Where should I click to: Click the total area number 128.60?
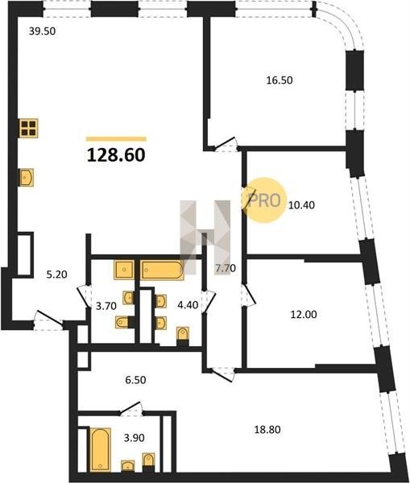click(x=116, y=155)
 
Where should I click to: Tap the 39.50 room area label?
click(x=42, y=31)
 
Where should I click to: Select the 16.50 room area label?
click(x=280, y=80)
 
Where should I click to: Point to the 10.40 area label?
click(x=301, y=204)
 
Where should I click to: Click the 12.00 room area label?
click(x=304, y=314)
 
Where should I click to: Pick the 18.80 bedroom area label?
click(x=267, y=429)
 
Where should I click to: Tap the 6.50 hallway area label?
click(x=135, y=380)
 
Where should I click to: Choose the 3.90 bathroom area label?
click(x=134, y=437)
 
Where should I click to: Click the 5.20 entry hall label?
click(x=56, y=275)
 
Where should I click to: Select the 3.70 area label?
click(x=106, y=306)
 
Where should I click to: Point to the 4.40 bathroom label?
click(x=188, y=305)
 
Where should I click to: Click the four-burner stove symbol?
click(x=29, y=128)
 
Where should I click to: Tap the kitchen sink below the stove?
click(x=27, y=177)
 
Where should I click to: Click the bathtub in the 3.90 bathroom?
click(x=101, y=449)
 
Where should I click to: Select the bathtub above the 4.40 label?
click(x=162, y=270)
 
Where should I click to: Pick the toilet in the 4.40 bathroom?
click(x=183, y=336)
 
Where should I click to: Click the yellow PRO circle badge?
click(x=264, y=200)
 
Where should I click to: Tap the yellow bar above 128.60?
click(x=116, y=139)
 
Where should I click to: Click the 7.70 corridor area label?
click(x=226, y=268)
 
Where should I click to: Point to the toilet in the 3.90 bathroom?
click(x=148, y=462)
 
